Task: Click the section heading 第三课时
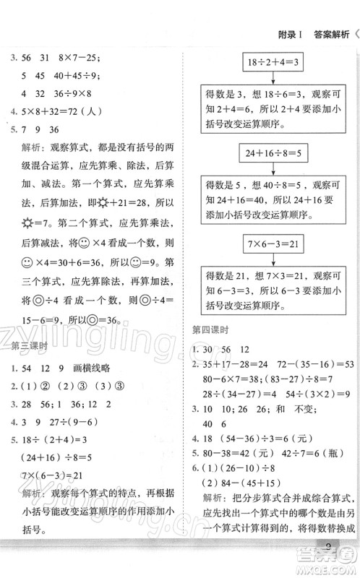point(29,345)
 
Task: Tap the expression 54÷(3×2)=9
point(315,394)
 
